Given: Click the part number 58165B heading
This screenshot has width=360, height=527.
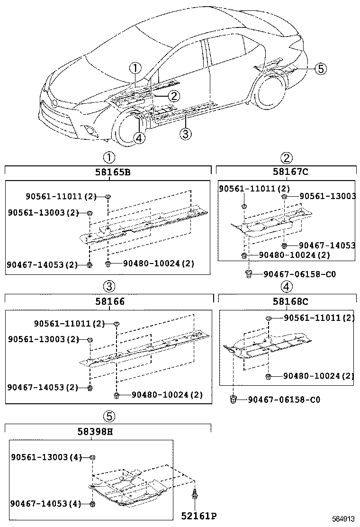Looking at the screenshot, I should coord(108,172).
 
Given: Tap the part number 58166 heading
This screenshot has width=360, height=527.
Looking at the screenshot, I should coord(108,301).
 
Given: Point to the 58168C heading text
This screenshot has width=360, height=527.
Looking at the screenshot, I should coord(287,301).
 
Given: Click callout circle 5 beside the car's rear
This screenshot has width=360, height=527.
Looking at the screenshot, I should coord(320,69).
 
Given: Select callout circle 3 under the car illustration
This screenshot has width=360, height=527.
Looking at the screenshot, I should coord(186,134).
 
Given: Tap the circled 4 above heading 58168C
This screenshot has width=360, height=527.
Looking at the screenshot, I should coord(287,286).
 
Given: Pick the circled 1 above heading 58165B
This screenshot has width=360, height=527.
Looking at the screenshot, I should coord(109,157).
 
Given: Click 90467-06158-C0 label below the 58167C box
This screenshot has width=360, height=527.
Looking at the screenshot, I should coord(299,274).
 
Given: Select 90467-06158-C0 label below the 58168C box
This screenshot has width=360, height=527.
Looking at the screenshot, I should coord(284,400).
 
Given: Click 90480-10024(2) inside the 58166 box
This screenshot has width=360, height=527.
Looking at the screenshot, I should coord(167,394).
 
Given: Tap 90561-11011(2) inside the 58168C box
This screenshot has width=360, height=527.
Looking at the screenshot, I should coord(319,318).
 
